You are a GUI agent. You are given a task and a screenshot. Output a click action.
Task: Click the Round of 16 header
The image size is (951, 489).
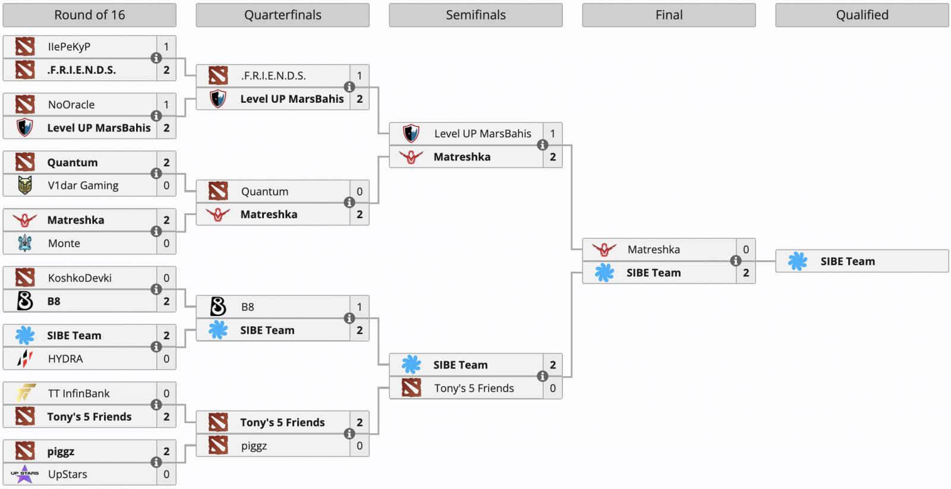coord(89,15)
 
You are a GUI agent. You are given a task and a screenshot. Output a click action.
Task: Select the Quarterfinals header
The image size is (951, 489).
coord(282,15)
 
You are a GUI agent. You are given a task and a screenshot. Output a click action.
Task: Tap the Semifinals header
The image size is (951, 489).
coord(475,15)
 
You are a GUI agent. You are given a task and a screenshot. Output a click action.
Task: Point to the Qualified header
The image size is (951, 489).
coord(862,15)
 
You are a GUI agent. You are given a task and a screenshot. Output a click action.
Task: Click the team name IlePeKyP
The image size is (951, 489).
coord(69,47)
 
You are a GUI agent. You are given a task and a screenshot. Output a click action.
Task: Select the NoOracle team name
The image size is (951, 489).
coord(71,105)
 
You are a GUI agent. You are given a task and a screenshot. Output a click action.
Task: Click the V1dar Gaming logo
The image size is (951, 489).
coord(25,185)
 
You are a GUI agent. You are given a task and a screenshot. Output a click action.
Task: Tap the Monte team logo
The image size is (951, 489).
coord(25,243)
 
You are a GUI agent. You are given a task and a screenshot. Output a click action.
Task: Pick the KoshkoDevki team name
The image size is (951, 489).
coord(80,278)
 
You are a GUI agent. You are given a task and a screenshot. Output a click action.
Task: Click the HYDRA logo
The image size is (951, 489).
coord(25,358)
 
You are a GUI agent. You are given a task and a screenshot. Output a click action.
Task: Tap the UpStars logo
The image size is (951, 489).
coord(25,474)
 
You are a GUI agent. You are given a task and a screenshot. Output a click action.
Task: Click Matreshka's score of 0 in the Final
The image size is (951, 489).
coord(746,250)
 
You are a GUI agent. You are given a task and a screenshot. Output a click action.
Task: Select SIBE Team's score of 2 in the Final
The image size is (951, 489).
coord(746,273)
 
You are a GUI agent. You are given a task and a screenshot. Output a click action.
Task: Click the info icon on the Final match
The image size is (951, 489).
coord(736,261)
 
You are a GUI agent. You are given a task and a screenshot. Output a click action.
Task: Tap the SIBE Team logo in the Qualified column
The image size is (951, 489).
coord(798,261)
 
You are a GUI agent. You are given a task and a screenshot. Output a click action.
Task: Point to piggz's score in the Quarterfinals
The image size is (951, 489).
coord(360,446)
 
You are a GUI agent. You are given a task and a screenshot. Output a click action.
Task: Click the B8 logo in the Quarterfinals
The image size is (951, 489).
coord(218,307)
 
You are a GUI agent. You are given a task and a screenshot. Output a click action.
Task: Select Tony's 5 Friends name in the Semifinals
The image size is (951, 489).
coord(474,389)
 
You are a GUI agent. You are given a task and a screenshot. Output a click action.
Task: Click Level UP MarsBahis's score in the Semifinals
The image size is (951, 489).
coord(553,134)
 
